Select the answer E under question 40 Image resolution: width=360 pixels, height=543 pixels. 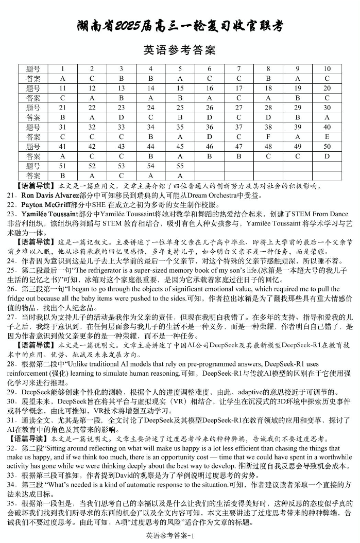click(x=327, y=137)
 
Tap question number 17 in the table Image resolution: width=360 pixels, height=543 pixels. click(x=239, y=88)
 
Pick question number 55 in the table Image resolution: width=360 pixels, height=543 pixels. click(x=180, y=166)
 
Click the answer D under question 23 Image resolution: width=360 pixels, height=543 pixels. click(x=121, y=117)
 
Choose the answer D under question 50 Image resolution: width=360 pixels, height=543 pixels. click(x=327, y=156)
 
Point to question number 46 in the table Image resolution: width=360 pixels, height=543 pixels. click(x=210, y=147)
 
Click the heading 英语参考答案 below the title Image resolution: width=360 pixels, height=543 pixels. click(x=179, y=50)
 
